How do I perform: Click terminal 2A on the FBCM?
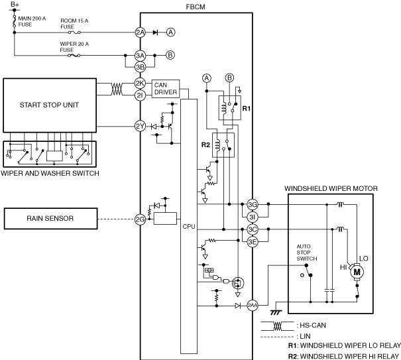140,32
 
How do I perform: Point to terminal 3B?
140,67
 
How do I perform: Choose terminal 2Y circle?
140,127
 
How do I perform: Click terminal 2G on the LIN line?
140,219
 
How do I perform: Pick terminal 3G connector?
253,204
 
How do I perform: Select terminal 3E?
253,242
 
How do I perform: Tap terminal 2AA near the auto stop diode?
253,305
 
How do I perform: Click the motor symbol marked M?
357,272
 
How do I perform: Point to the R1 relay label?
247,109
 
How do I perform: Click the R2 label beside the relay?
205,145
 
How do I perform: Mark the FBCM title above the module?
196,7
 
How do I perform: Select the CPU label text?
189,227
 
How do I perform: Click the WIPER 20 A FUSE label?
74,47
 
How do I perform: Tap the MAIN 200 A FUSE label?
32,21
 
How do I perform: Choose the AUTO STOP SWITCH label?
307,253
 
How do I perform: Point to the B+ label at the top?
15,5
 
